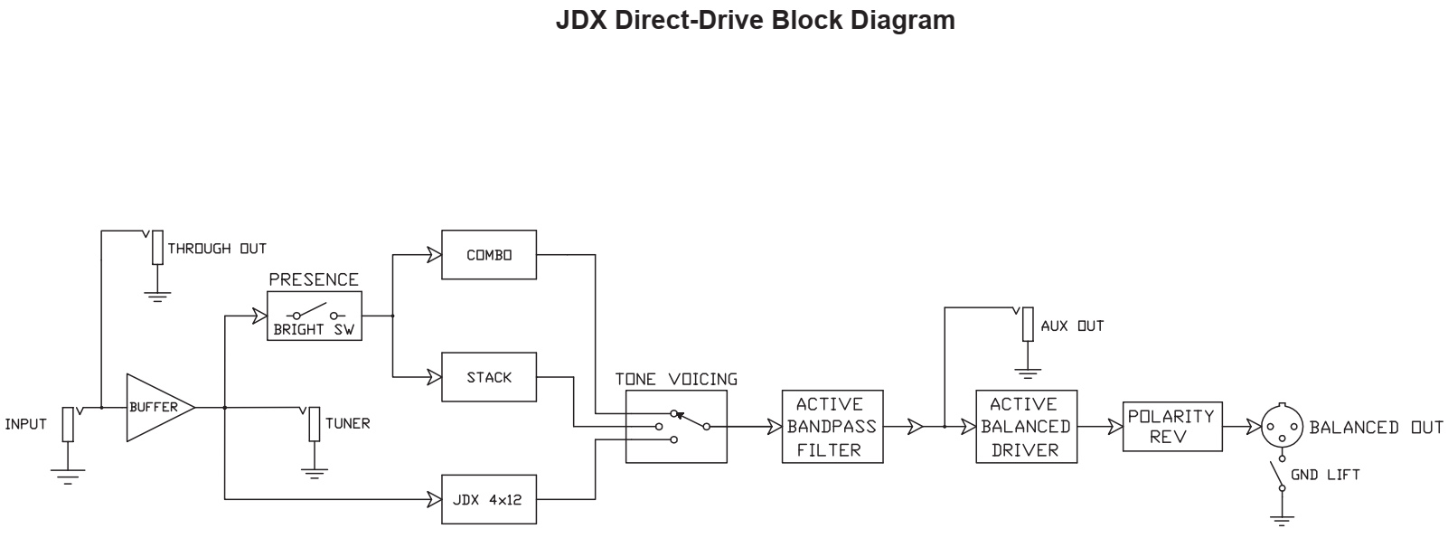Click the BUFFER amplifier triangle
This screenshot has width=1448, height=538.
(155, 407)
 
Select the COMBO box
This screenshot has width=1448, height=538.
(488, 255)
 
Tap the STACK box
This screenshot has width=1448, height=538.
(488, 377)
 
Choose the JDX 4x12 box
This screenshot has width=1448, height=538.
(488, 499)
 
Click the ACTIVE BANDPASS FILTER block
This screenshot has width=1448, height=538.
(832, 427)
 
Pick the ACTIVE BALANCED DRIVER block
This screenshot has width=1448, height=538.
(1026, 427)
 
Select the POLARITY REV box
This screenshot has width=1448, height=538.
(1171, 427)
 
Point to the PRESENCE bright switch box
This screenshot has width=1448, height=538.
(315, 316)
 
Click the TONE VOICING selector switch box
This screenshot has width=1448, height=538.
(676, 427)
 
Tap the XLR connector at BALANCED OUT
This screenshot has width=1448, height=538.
(1282, 427)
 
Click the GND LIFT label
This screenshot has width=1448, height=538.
(1325, 475)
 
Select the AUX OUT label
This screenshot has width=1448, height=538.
(1072, 326)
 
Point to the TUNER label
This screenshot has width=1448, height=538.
(347, 423)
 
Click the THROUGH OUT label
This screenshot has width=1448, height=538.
(217, 249)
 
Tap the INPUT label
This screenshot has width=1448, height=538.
(25, 424)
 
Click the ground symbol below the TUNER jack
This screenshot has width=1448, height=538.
(314, 470)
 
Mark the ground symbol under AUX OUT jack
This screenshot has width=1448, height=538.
(1028, 372)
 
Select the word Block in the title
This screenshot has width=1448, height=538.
(803, 20)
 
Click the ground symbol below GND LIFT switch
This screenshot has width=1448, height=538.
(1282, 520)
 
